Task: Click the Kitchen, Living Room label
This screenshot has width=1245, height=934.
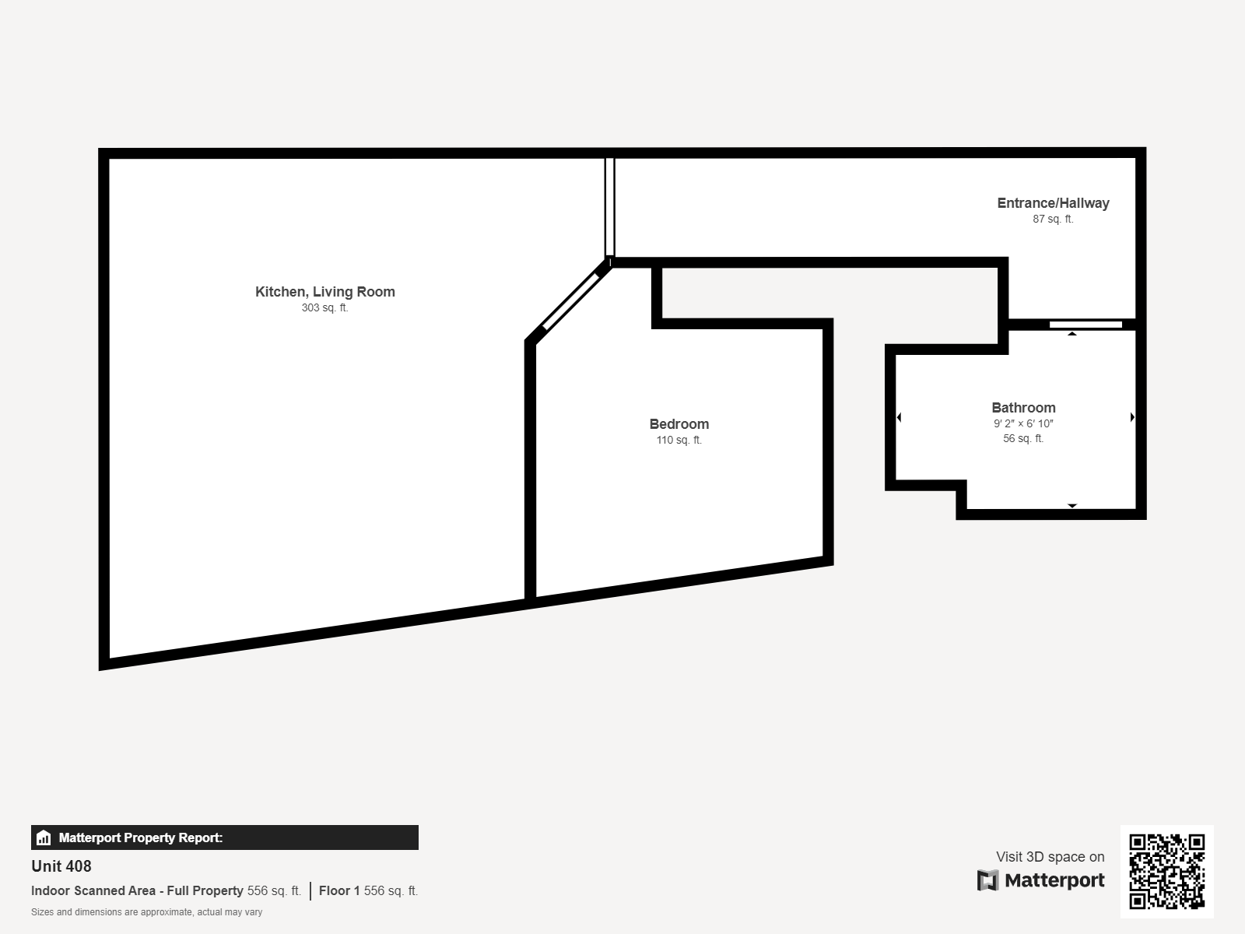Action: click(325, 292)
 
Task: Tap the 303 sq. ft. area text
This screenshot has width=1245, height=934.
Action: click(325, 308)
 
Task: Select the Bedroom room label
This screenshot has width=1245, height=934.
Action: click(679, 424)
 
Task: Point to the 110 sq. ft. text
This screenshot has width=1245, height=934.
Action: click(679, 441)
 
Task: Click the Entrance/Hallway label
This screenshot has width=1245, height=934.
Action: click(1053, 203)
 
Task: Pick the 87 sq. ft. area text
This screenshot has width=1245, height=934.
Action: click(1053, 219)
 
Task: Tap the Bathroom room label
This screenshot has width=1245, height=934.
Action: click(1023, 408)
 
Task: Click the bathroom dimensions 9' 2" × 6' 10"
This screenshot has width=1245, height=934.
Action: click(1023, 424)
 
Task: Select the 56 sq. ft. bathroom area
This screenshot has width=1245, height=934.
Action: click(1023, 439)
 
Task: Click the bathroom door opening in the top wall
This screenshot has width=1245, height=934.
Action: click(1085, 325)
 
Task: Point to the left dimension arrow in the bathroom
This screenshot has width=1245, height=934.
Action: click(900, 418)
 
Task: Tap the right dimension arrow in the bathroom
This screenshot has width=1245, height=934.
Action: click(1132, 418)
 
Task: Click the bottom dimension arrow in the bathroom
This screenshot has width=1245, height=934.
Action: click(1072, 506)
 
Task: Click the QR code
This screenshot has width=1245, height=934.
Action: click(1166, 871)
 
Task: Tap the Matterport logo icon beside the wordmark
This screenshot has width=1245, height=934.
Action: click(987, 880)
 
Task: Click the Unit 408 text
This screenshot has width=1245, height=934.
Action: click(61, 866)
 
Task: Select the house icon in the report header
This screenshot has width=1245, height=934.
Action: click(44, 838)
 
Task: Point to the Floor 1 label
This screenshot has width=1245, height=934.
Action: click(339, 891)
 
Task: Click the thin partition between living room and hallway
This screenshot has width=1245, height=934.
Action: click(610, 207)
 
